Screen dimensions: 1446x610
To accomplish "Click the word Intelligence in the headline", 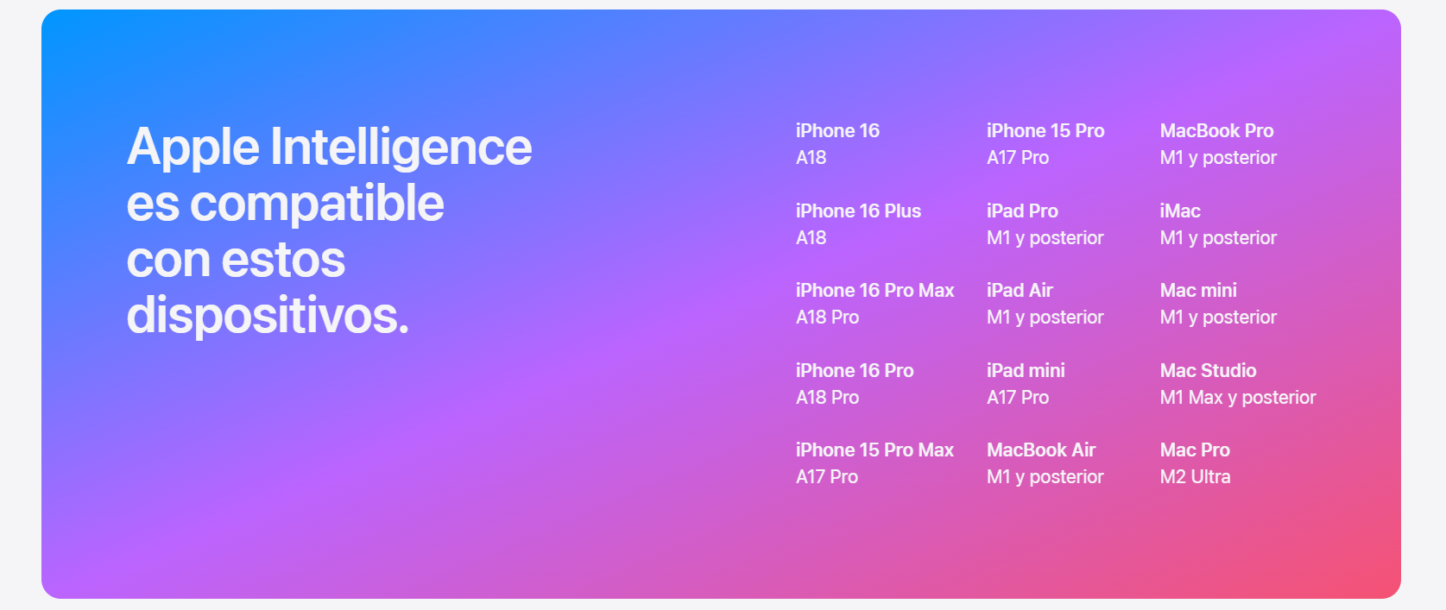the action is pos(401,148).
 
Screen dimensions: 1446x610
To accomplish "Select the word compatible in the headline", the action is pos(317,204).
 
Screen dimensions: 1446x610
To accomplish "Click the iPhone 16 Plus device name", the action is pos(858,211).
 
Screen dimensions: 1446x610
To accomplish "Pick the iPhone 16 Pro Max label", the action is pos(875,291).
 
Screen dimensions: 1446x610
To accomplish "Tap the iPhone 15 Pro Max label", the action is pos(875,450).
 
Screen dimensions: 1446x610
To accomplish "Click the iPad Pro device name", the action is pos(1022,211).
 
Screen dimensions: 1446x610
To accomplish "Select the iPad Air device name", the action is pos(1020,291).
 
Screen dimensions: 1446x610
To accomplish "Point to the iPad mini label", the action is pos(1026,370).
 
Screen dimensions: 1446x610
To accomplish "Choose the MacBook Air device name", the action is pos(1040,450).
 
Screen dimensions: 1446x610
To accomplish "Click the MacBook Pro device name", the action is pos(1216,131).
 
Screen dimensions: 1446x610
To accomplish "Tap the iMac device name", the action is pos(1180,211).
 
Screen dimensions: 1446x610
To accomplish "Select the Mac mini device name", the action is pos(1198,291).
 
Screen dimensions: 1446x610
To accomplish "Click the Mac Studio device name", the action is pos(1208,370).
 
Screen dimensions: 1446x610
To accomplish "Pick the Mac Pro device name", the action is pos(1195,450).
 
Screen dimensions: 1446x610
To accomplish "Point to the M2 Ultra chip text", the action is pos(1195,477).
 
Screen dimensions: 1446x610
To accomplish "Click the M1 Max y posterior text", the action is pos(1237,398).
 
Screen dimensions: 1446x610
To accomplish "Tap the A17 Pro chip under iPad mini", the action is pos(1017,398).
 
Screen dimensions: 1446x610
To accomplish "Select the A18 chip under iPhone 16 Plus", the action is pos(811,238).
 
